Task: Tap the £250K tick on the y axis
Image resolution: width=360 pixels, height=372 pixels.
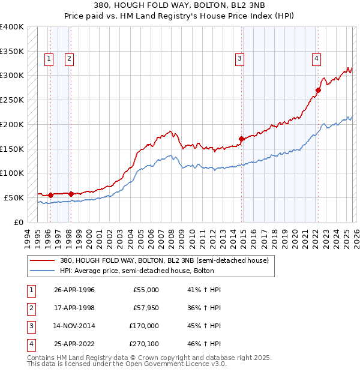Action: coord(12,100)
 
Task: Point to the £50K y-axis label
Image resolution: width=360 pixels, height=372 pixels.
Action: coord(14,197)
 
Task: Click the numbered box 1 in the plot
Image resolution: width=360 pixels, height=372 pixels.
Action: coord(49,58)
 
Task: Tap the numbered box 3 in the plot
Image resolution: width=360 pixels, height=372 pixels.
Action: coord(239,58)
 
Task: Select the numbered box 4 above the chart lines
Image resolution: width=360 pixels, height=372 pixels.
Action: coord(316,58)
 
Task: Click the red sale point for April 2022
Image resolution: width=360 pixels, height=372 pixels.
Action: coord(318,91)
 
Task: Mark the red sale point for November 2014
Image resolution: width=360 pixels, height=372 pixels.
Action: coord(241,139)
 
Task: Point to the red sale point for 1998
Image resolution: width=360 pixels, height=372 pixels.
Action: coord(71,194)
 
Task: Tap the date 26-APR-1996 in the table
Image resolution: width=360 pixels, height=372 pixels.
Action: coord(74,290)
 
